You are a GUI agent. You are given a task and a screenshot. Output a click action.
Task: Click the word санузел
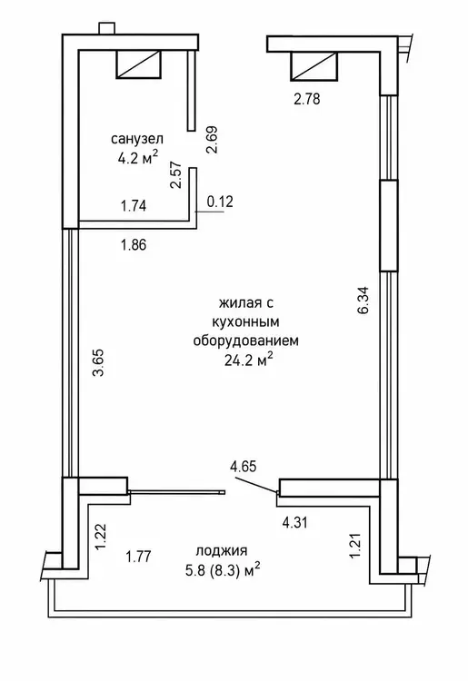[x=137, y=139]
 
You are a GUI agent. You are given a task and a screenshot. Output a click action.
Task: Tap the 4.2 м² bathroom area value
[x=137, y=157]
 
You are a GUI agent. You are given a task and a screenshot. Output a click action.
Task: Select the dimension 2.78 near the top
[x=307, y=99]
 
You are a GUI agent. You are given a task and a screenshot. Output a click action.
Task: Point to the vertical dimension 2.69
[x=212, y=140]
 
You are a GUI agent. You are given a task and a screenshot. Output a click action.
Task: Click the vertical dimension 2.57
[x=175, y=174]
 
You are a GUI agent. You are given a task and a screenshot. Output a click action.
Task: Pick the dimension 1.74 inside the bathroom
[x=134, y=205]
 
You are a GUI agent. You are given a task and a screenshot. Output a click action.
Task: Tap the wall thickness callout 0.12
[x=220, y=202]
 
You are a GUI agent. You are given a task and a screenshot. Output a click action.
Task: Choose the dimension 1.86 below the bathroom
[x=134, y=244]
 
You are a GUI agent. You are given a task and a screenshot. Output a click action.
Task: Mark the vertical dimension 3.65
[x=100, y=362]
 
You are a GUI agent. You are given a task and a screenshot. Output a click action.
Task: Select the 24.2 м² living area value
[x=249, y=360]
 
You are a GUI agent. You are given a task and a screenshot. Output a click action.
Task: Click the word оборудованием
[x=246, y=340]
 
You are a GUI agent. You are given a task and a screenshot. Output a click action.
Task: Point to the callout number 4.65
[x=244, y=467]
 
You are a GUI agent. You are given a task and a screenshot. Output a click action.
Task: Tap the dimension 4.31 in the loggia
[x=294, y=522]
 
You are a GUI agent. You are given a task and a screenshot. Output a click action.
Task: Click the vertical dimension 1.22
[x=100, y=537]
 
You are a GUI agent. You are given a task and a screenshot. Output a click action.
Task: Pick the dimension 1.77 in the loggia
[x=138, y=556]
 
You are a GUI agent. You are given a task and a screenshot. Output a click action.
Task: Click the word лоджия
[x=222, y=551]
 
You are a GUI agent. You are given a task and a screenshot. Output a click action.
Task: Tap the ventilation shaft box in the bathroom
[x=138, y=64]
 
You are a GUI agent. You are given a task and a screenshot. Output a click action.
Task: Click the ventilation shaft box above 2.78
[x=314, y=66]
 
